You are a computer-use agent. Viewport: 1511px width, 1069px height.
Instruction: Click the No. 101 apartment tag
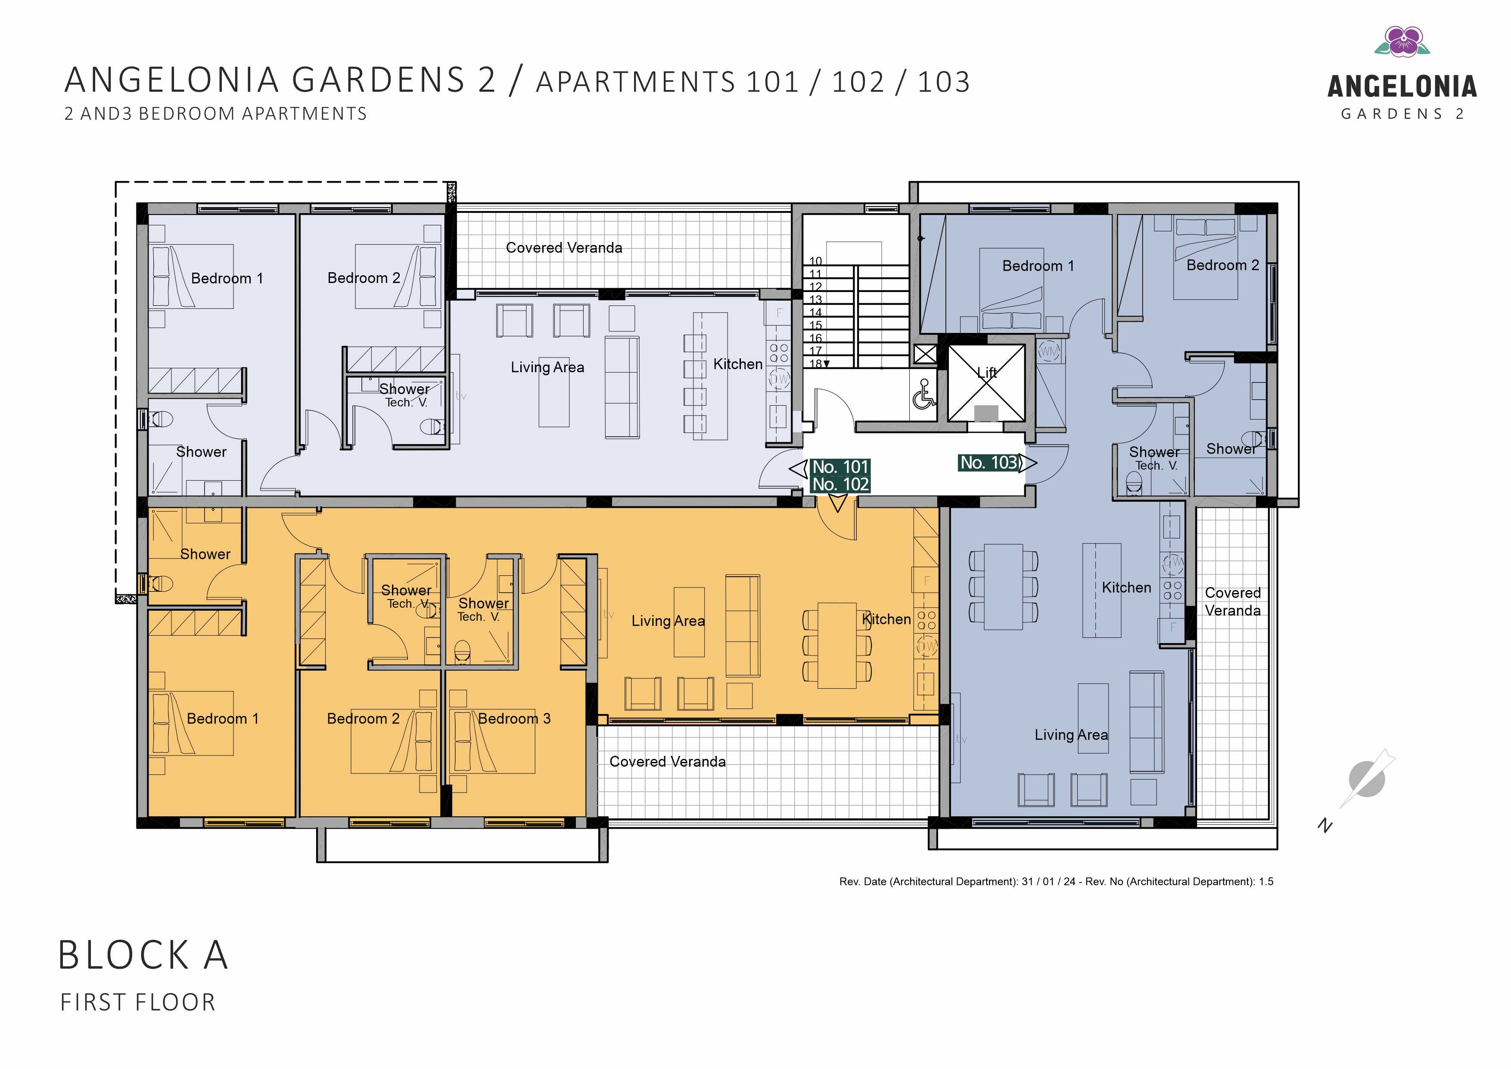(840, 467)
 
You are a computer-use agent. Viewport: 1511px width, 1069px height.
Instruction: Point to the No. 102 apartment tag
(840, 485)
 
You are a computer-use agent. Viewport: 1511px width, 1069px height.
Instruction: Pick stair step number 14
(815, 313)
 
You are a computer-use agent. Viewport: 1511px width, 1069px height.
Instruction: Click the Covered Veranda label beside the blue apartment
(1233, 602)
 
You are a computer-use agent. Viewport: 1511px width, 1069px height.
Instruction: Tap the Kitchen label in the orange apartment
(886, 619)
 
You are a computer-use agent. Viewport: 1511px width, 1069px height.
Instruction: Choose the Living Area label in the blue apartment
(1071, 735)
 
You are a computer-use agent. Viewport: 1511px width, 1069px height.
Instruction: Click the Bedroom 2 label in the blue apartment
(1223, 265)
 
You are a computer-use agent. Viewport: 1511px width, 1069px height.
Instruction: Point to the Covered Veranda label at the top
(564, 248)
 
